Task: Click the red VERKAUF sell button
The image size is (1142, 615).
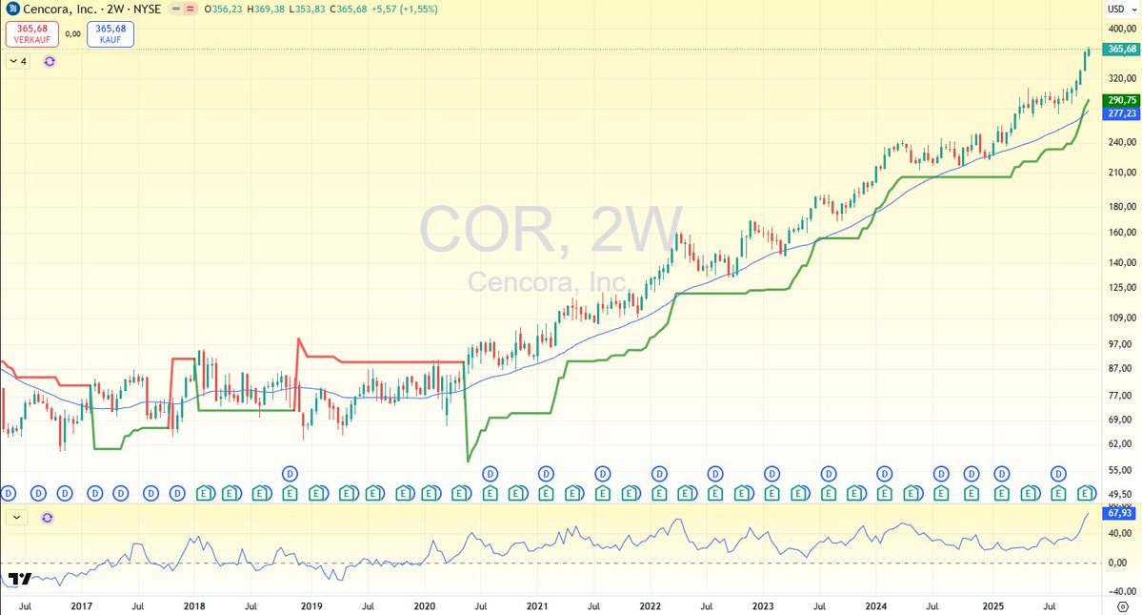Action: [31, 34]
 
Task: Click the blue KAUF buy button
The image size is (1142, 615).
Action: [110, 34]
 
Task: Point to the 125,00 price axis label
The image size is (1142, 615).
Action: [1121, 287]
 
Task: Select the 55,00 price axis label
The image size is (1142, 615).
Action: [1121, 470]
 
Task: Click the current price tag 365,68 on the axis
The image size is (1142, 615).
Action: [1122, 49]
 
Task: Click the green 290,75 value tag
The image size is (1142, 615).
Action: [1122, 100]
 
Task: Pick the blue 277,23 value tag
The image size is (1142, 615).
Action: [1122, 113]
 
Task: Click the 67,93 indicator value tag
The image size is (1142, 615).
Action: [1121, 513]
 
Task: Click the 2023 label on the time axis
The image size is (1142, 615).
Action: [763, 605]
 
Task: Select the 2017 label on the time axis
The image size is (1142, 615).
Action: [81, 605]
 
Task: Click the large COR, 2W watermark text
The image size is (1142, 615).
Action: [550, 232]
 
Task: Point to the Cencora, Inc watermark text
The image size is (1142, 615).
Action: [547, 282]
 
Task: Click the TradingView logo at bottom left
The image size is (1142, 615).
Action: [20, 579]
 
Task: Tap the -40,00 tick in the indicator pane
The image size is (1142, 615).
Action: [1120, 590]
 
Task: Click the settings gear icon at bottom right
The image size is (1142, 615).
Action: [1122, 606]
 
